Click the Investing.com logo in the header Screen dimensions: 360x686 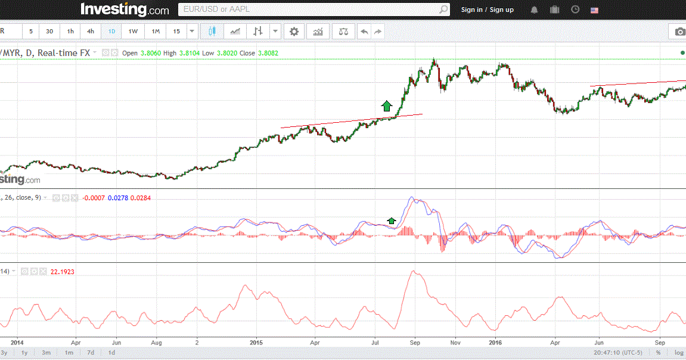[x=125, y=10]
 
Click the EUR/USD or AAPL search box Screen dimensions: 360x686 [x=307, y=10]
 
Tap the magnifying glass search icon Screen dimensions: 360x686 [x=443, y=10]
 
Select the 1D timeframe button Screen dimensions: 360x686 [x=111, y=32]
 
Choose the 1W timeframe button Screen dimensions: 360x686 [x=133, y=32]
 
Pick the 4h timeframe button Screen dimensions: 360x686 [x=90, y=32]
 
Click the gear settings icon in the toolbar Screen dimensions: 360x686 [x=294, y=32]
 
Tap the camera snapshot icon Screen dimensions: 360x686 [x=679, y=32]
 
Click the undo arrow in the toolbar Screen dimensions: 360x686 [x=364, y=32]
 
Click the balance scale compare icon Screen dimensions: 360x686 [x=343, y=32]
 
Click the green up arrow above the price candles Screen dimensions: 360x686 [x=386, y=106]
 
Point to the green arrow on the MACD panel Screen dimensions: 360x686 [x=392, y=221]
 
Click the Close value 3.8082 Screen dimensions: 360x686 [x=268, y=53]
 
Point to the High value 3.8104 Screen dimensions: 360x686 [x=189, y=53]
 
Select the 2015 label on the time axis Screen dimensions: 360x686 [x=256, y=343]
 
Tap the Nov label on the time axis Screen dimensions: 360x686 [x=455, y=343]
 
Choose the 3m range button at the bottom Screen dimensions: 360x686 [x=46, y=353]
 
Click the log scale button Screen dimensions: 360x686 [x=679, y=353]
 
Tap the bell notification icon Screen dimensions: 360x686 [x=534, y=10]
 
